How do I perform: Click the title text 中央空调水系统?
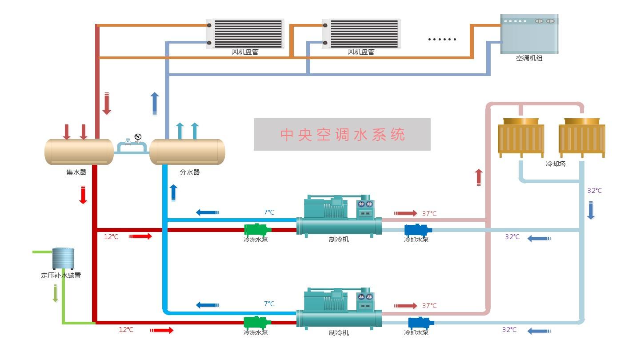click(x=342, y=135)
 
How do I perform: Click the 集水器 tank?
click(x=79, y=152)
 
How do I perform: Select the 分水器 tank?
click(x=187, y=152)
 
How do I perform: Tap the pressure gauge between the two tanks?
click(x=138, y=137)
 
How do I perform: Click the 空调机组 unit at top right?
click(x=529, y=34)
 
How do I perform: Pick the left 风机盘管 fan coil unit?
click(x=245, y=33)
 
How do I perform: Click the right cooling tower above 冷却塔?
click(x=582, y=138)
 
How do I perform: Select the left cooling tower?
click(x=520, y=138)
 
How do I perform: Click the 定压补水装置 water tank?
click(x=63, y=259)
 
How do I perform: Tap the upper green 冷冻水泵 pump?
click(x=257, y=230)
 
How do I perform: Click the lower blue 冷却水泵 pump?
click(x=420, y=322)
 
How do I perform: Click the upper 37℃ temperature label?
click(x=429, y=214)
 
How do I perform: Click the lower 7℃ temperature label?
click(x=269, y=304)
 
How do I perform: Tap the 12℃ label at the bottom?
click(x=126, y=330)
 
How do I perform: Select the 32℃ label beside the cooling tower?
click(x=594, y=191)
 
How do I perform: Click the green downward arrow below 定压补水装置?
click(x=56, y=293)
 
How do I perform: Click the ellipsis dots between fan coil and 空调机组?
click(x=442, y=40)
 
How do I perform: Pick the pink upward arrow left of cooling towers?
click(x=479, y=177)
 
